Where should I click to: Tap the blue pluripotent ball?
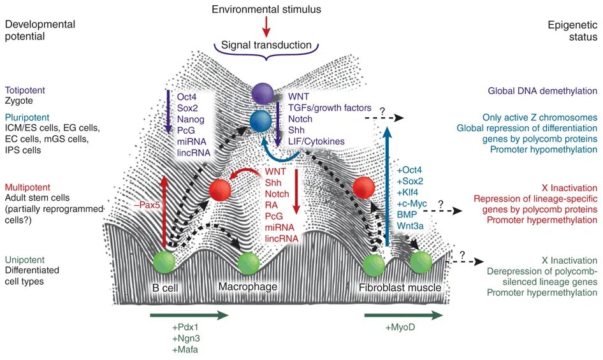[261, 119]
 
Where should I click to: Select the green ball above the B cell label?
[164, 262]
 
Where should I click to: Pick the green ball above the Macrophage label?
[247, 262]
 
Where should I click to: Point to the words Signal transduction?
[266, 45]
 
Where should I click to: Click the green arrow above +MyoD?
[403, 315]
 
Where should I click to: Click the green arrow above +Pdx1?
[189, 315]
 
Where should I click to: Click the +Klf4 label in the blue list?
[410, 194]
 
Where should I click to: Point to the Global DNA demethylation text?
[542, 91]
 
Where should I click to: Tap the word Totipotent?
[25, 90]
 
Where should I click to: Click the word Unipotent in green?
[25, 261]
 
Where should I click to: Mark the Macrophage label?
[248, 287]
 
